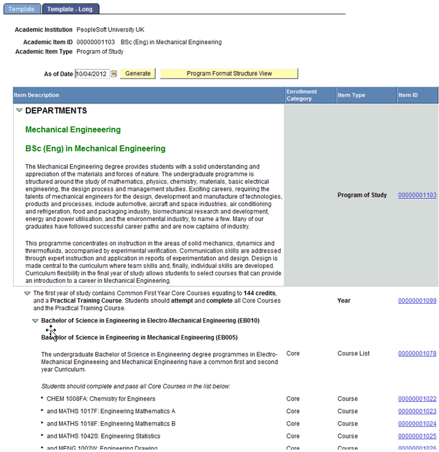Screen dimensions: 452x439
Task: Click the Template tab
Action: tap(21, 9)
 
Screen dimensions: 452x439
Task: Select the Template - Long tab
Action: tap(70, 9)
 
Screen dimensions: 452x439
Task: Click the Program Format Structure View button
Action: tap(229, 73)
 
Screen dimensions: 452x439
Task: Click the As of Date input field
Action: tap(92, 74)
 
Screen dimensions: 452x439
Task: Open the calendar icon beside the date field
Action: tap(113, 74)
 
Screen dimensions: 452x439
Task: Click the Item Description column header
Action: tap(37, 95)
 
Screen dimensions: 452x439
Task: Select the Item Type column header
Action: tap(351, 95)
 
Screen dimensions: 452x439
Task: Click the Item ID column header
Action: tap(408, 95)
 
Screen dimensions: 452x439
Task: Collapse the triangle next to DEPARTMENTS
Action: tap(19, 111)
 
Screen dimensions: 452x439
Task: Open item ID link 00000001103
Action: tap(417, 195)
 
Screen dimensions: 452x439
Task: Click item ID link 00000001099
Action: tap(417, 301)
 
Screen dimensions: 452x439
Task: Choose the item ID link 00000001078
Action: tap(417, 354)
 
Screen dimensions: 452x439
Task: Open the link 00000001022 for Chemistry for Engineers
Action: tap(417, 399)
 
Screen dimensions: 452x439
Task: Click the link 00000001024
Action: tap(417, 424)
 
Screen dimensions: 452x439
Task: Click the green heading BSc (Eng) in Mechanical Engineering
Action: tap(95, 149)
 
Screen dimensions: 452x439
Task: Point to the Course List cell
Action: tap(353, 354)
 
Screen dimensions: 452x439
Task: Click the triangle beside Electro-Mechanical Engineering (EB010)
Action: tap(35, 321)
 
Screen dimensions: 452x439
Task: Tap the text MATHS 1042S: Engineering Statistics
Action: tap(101, 436)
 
